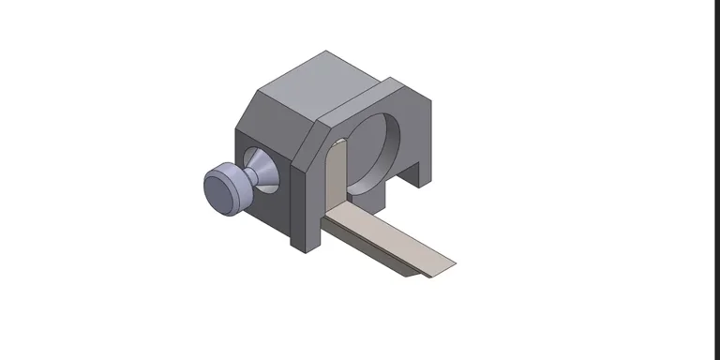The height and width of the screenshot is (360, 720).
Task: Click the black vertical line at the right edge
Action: tap(713, 178)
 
